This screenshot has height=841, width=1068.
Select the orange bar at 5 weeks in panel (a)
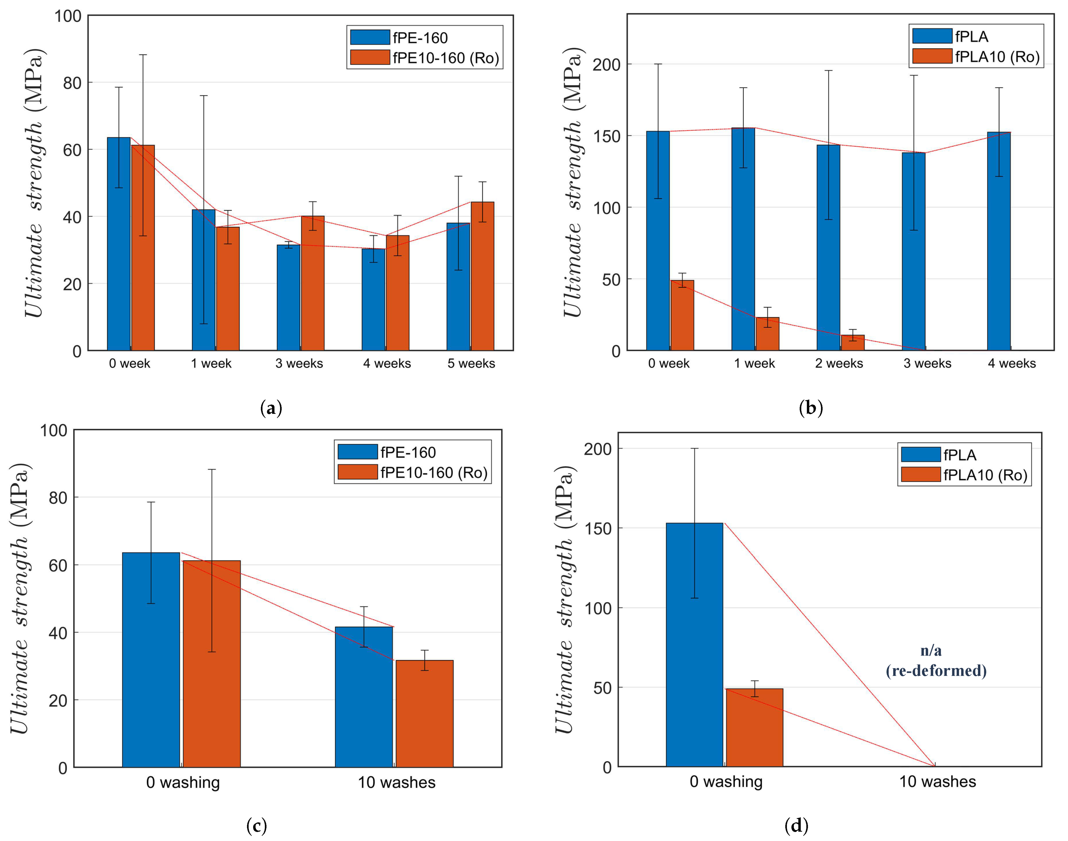(482, 276)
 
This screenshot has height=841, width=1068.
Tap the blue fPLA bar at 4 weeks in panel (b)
(998, 241)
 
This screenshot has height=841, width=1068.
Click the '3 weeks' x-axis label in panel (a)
(299, 363)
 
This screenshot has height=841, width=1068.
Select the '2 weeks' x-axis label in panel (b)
(839, 363)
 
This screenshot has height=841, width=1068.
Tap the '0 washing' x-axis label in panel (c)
(183, 782)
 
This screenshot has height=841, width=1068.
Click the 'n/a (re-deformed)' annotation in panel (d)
(936, 661)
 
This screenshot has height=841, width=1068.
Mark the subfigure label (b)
(810, 408)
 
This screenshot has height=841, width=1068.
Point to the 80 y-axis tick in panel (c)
(58, 498)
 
